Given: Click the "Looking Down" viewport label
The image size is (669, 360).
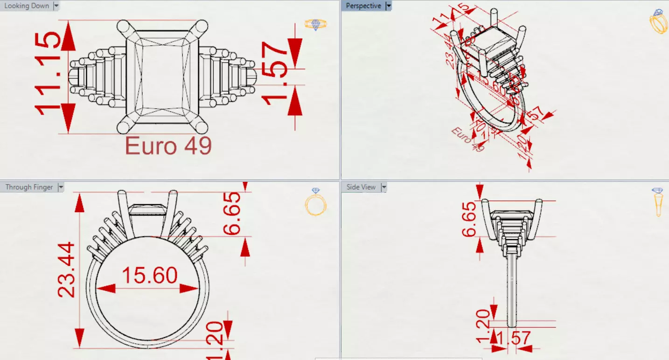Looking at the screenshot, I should point(26,6).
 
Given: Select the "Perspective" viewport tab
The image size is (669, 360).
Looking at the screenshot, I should point(363,6).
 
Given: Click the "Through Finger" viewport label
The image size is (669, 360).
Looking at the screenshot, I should point(29,187).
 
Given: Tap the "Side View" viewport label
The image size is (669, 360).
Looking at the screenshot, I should point(361,187).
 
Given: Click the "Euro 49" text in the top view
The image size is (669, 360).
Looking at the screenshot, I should point(168,146).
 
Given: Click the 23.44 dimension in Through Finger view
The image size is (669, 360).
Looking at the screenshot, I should point(66,269).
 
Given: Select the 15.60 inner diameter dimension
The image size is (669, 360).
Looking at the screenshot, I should point(149,275).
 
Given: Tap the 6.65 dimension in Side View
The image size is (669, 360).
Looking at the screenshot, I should point(470,219).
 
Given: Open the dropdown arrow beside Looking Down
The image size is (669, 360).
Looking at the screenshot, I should point(56,6).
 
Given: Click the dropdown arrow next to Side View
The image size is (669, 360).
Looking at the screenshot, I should point(384,187).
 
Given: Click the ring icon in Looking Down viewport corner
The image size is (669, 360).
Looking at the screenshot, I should point(316,24).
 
